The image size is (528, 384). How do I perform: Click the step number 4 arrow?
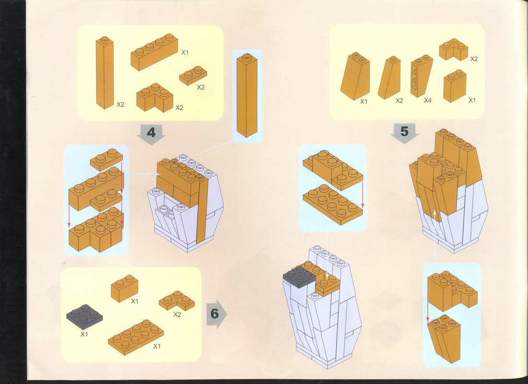pos(151,134)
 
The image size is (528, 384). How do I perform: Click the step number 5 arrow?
pos(404,133)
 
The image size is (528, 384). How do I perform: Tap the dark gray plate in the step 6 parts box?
pos(84,317)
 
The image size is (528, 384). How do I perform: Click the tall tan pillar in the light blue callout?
pos(247,95)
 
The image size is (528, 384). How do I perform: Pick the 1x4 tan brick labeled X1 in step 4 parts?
pos(154,52)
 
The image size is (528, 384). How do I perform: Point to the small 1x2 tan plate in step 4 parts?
pos(193,76)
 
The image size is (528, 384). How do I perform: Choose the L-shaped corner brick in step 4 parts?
pos(154,97)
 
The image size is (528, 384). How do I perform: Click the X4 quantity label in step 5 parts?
pos(428,100)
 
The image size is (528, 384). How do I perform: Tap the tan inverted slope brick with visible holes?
pos(422,76)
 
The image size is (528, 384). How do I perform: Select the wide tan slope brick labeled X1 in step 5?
pos(355,76)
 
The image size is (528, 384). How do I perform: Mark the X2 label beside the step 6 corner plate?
pos(177,314)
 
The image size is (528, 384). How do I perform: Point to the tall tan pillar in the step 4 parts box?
pos(105,72)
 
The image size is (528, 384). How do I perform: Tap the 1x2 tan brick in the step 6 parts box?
pos(124,288)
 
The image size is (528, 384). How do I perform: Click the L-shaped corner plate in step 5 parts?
pos(453,49)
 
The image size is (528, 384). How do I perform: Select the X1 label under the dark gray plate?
pos(84,335)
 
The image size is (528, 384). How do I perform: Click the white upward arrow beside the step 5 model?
pos(434,236)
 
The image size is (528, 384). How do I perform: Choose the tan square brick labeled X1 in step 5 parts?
pos(455,86)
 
